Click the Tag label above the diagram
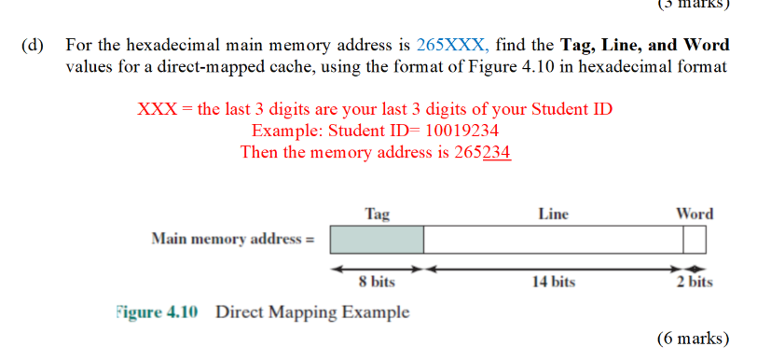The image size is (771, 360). tap(377, 215)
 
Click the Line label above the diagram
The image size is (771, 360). tap(553, 215)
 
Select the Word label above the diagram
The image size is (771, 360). tap(695, 215)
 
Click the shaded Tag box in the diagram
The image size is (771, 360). tap(377, 240)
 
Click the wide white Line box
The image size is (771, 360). tap(553, 240)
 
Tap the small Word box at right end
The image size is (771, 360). tap(695, 240)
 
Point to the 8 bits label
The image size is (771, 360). tap(377, 282)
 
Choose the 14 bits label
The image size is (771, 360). tap(553, 282)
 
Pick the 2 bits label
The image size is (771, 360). tap(695, 282)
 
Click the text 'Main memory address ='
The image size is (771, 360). tap(233, 240)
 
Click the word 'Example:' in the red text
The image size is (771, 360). tap(285, 131)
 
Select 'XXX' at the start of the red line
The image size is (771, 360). tap(158, 109)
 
